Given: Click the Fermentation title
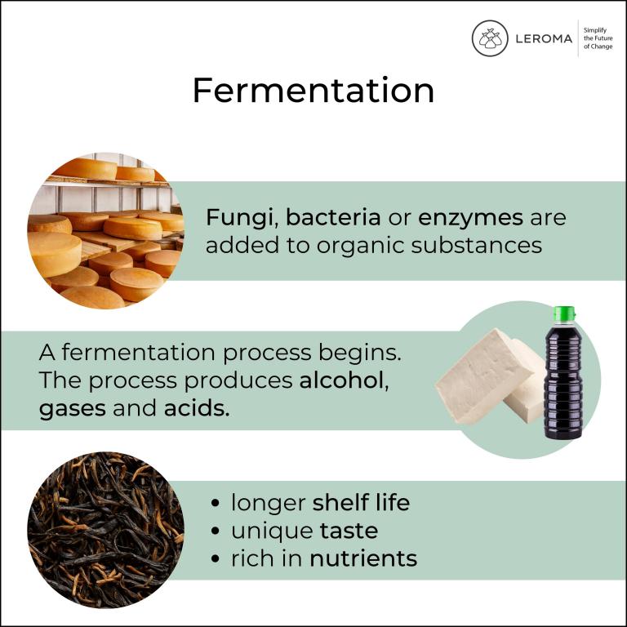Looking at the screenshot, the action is (x=313, y=91).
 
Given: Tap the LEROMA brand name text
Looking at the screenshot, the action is (x=544, y=39).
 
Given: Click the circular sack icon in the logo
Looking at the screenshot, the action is (x=490, y=38).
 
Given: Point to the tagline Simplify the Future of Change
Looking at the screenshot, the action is (x=598, y=38).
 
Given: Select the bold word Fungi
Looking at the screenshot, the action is (x=239, y=219).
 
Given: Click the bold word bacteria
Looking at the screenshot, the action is (x=333, y=217).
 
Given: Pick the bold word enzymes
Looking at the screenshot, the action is (x=470, y=219).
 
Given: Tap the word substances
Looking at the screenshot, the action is (x=476, y=245).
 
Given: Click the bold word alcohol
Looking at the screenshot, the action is (x=342, y=380).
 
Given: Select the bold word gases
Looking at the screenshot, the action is (x=73, y=409).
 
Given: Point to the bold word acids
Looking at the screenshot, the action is (x=197, y=408).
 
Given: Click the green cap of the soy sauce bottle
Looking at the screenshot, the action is (x=564, y=313).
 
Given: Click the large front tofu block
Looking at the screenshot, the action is (x=484, y=376).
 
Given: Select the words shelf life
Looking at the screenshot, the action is (x=361, y=502).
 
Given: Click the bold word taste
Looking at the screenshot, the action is (x=349, y=531).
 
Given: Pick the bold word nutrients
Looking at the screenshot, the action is (x=363, y=558).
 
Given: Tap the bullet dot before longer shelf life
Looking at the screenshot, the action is (x=216, y=503).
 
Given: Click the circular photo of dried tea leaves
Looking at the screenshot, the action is (x=105, y=530).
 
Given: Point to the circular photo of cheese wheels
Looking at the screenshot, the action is (x=105, y=231).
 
